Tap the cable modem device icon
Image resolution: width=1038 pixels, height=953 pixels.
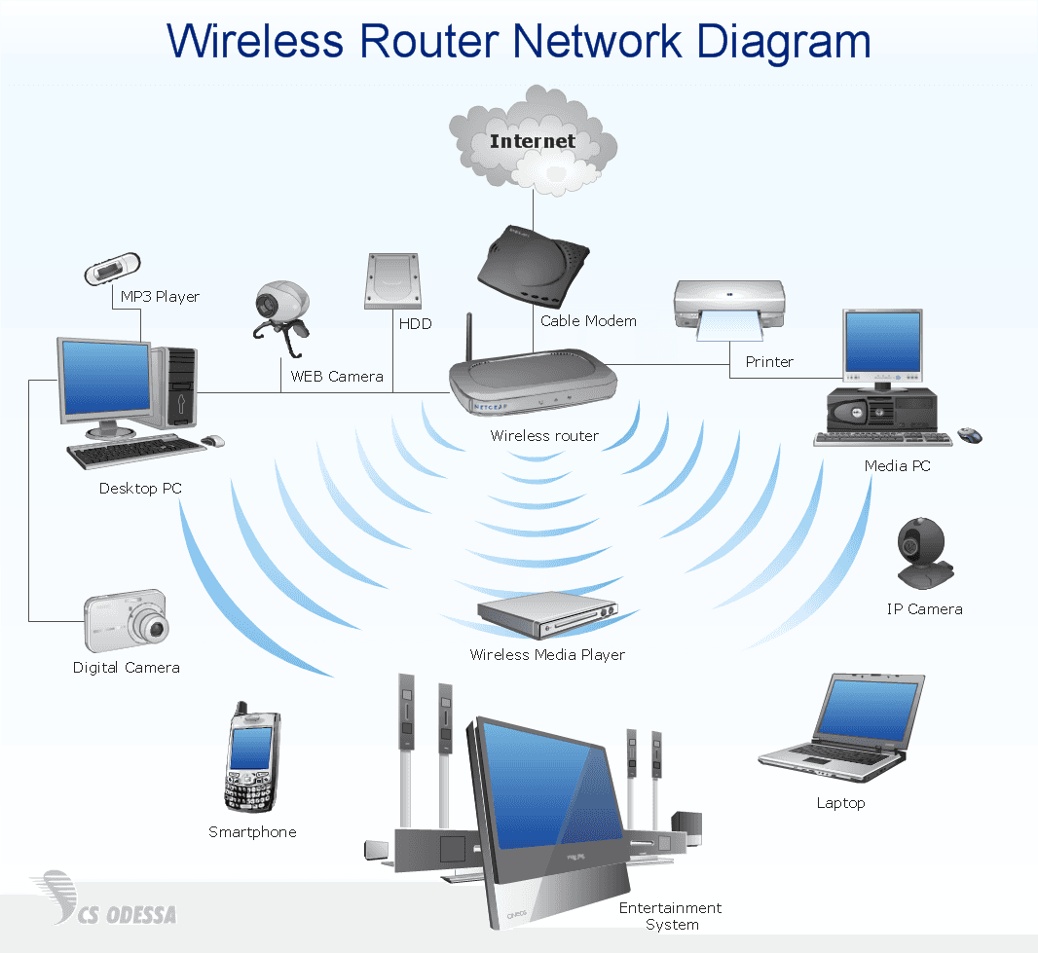pos(533,265)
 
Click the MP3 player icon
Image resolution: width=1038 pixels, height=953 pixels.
pos(113,270)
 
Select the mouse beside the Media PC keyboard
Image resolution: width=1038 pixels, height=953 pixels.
pos(970,435)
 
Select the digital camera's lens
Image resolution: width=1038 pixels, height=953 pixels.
pos(155,628)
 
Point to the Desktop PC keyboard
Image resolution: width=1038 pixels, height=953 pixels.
pos(135,452)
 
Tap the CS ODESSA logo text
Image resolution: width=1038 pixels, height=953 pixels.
pos(127,914)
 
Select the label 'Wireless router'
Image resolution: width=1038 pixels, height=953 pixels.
pos(544,436)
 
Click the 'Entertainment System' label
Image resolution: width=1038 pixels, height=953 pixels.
pos(671,916)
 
